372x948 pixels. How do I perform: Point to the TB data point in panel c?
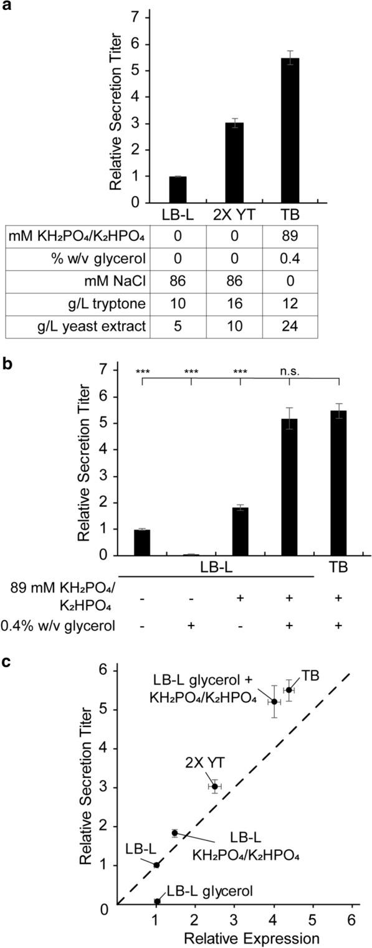(289, 690)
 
